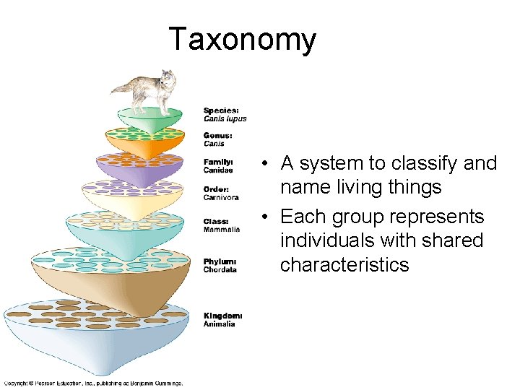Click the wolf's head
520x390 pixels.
click(168, 77)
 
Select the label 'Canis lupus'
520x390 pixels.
click(225, 119)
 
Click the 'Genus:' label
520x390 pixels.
click(217, 136)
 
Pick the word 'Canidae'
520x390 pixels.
click(218, 170)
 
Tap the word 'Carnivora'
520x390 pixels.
click(221, 196)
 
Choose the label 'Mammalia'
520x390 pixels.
click(221, 230)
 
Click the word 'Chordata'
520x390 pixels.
click(220, 270)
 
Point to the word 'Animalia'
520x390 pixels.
click(219, 324)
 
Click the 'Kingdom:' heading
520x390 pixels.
click(222, 316)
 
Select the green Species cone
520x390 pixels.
click(149, 120)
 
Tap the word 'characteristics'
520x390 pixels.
click(344, 265)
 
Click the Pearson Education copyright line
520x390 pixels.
click(93, 383)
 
